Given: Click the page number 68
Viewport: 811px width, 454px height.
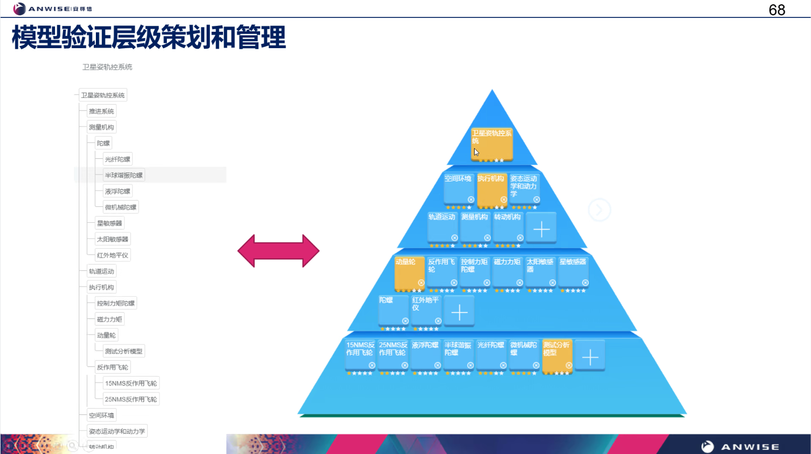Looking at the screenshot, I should (x=777, y=10).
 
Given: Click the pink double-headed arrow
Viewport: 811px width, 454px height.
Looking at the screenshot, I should (x=278, y=251).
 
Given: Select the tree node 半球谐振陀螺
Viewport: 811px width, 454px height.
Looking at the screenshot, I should (x=123, y=175).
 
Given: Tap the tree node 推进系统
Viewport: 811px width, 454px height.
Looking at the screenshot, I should (x=101, y=111).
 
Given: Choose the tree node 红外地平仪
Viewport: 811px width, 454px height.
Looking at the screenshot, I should (x=112, y=255).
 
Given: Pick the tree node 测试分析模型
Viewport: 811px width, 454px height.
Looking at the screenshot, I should (x=123, y=351).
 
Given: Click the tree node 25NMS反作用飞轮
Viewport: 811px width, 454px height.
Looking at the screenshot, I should (x=131, y=399).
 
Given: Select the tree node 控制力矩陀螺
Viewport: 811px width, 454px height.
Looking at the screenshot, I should (x=115, y=303).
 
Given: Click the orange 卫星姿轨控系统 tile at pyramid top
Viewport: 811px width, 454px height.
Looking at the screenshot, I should (x=492, y=143).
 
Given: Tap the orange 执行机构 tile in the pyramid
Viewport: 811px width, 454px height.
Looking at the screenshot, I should (x=492, y=189).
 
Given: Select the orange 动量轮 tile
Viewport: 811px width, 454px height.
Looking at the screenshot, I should (x=409, y=273).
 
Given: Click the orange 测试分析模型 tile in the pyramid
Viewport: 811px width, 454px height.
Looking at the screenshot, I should (x=557, y=356).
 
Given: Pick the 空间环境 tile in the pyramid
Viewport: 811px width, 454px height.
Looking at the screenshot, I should (x=459, y=189).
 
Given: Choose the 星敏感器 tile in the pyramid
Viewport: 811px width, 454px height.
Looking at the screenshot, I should (x=574, y=273).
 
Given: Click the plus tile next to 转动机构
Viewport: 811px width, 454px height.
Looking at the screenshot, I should (x=541, y=229).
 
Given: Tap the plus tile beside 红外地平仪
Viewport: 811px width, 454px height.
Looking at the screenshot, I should (x=459, y=313).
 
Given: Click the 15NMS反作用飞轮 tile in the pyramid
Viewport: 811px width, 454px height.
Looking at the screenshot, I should (x=360, y=356).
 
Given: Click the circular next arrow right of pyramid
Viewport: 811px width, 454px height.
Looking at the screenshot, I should (x=599, y=210).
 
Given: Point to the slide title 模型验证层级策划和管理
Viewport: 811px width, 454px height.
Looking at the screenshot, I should (x=149, y=38).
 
